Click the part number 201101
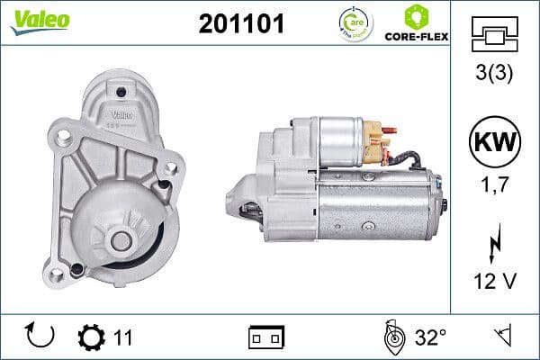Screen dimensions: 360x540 (240, 24)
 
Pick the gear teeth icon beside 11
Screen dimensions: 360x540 (92, 338)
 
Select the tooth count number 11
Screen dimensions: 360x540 (124, 338)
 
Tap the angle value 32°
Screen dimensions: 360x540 (431, 338)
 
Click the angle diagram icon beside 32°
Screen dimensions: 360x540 (392, 337)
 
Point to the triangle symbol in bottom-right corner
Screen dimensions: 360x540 (501, 337)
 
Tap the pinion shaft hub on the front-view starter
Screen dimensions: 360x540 (120, 240)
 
